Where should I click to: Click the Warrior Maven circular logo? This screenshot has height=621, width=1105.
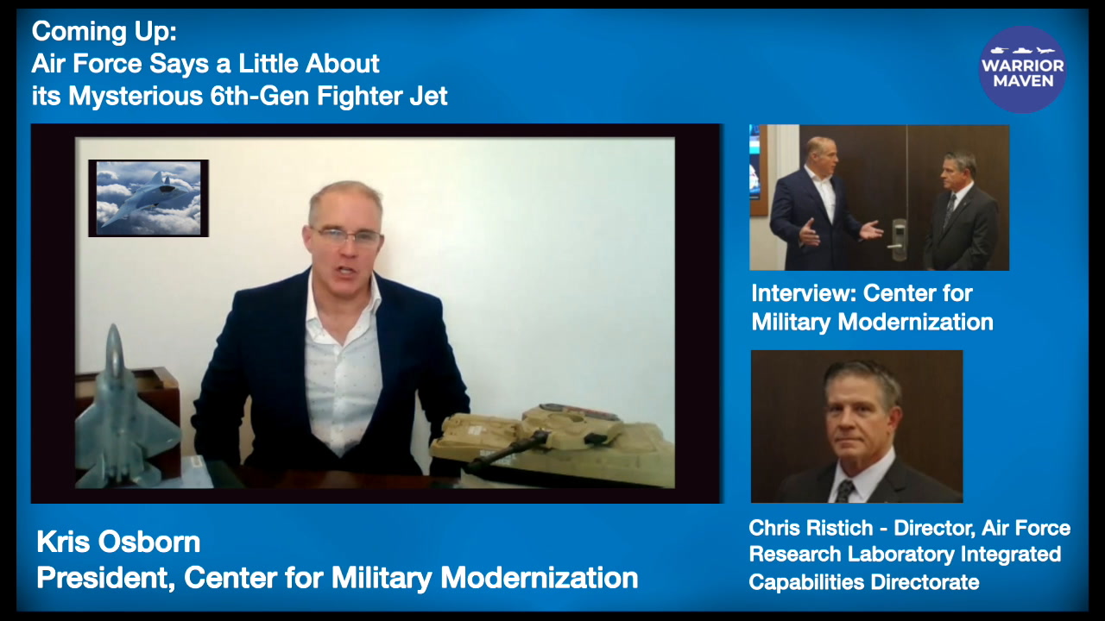pyautogui.click(x=1022, y=70)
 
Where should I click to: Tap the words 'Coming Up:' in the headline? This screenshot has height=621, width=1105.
pyautogui.click(x=104, y=32)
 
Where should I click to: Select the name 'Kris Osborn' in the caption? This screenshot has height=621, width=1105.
pyautogui.click(x=118, y=542)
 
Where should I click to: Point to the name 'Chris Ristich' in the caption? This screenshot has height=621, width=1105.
pyautogui.click(x=811, y=528)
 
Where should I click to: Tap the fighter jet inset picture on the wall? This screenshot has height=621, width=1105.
pyautogui.click(x=148, y=198)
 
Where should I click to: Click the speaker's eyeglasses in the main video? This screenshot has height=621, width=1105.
pyautogui.click(x=348, y=236)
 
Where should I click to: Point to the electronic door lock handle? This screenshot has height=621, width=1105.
pyautogui.click(x=898, y=240)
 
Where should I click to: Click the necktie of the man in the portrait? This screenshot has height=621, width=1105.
pyautogui.click(x=845, y=491)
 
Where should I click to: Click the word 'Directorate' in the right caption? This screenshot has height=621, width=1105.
pyautogui.click(x=925, y=582)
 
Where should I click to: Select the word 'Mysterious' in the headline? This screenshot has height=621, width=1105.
pyautogui.click(x=136, y=97)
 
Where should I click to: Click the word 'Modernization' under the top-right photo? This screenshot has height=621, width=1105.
pyautogui.click(x=916, y=323)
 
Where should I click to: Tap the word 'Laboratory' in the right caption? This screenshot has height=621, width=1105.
pyautogui.click(x=900, y=555)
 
